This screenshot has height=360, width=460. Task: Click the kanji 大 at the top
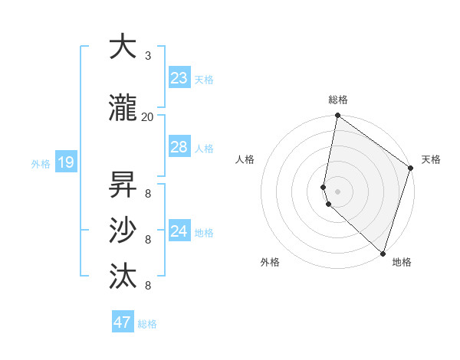pos(123,47)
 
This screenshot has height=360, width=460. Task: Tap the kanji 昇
pos(123,185)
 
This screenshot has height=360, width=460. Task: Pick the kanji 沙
pos(123,231)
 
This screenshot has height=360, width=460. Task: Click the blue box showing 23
pos(179,78)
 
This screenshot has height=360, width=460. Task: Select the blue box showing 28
pos(179,147)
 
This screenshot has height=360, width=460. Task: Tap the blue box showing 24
pos(179,231)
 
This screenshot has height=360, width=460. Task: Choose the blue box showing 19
pos(65,162)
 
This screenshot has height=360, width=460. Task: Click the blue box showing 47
pos(123,322)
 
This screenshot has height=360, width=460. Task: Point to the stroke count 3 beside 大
pos(148,56)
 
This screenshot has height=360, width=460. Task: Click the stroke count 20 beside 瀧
pos(147,116)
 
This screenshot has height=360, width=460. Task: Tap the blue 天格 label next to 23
pos(204,80)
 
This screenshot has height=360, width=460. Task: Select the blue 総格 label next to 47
pos(147,324)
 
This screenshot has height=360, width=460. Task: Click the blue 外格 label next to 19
pos(41,163)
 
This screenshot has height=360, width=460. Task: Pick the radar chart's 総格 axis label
pos(338,100)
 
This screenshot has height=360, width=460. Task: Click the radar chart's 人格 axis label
pos(245,159)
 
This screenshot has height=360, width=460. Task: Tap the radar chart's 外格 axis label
pos(270,262)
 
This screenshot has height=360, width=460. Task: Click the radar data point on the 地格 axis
pos(383,254)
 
